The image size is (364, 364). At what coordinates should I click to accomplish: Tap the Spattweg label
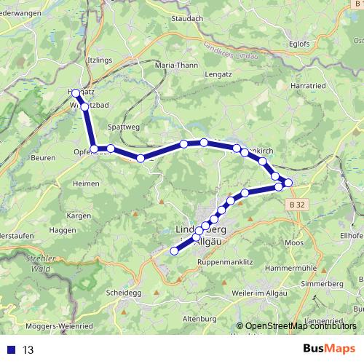point(122,126)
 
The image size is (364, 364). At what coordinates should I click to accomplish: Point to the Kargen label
point(78,216)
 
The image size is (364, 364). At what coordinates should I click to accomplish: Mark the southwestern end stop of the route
point(174,251)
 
